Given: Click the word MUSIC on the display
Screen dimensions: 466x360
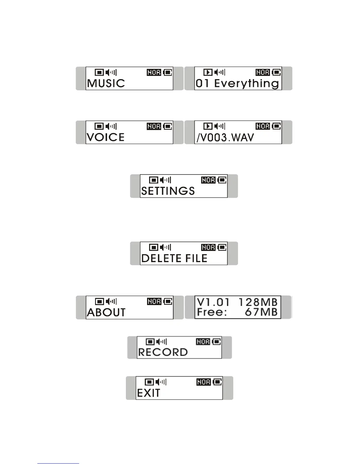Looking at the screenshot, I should coord(106,83).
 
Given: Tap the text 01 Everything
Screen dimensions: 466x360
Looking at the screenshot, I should coord(237,84).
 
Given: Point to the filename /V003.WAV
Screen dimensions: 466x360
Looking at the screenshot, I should coord(225,138).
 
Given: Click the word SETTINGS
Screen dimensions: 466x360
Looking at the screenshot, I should coord(168,191).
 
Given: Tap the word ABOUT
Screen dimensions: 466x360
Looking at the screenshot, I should coord(106,312).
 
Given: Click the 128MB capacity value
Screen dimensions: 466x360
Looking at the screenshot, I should coord(258,302).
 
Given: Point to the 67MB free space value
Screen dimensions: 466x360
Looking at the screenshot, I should coord(261,312).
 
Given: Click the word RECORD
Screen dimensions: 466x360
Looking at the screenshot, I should coord(163,352).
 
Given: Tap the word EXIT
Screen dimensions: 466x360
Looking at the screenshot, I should coord(149,393).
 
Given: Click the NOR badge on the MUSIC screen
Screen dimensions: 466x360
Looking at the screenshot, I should coord(154,72).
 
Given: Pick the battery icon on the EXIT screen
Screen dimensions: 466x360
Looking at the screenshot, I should coord(217,382).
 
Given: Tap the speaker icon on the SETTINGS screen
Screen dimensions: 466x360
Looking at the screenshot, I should coord(165,180).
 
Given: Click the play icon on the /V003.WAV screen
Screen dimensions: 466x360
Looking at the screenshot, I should coord(208,126).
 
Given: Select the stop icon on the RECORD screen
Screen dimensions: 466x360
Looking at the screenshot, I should coord(150,342).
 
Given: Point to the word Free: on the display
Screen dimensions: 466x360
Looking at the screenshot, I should coord(212,312).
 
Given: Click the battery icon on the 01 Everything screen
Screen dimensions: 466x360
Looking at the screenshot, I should coord(276,72).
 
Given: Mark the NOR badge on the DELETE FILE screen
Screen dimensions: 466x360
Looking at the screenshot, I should coord(209,247).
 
